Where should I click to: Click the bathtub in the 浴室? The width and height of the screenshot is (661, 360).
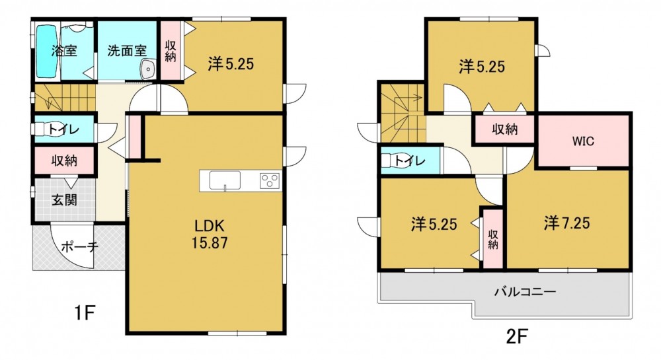point(46,52)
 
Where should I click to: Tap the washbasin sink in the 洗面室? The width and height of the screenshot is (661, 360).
point(148,69)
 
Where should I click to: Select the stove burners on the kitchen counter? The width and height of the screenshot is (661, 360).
point(270,180)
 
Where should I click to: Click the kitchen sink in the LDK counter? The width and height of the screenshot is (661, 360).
point(225,180)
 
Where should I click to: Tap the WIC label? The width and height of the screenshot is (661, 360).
point(583,141)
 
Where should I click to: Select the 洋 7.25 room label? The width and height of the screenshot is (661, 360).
point(566,223)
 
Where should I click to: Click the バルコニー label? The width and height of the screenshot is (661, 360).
point(525,291)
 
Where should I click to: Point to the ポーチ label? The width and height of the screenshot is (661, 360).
point(80,246)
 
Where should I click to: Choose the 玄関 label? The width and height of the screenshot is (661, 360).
point(65,199)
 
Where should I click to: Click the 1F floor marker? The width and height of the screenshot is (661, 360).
point(85,313)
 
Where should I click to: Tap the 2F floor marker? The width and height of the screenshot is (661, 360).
point(517,336)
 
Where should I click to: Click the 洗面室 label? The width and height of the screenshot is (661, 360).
point(127,51)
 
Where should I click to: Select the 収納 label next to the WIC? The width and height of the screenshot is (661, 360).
point(504,129)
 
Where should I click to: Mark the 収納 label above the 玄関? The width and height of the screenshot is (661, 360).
point(65,161)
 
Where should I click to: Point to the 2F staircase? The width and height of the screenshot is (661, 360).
point(403,113)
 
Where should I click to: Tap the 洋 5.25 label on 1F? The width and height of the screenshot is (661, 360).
point(231,64)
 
